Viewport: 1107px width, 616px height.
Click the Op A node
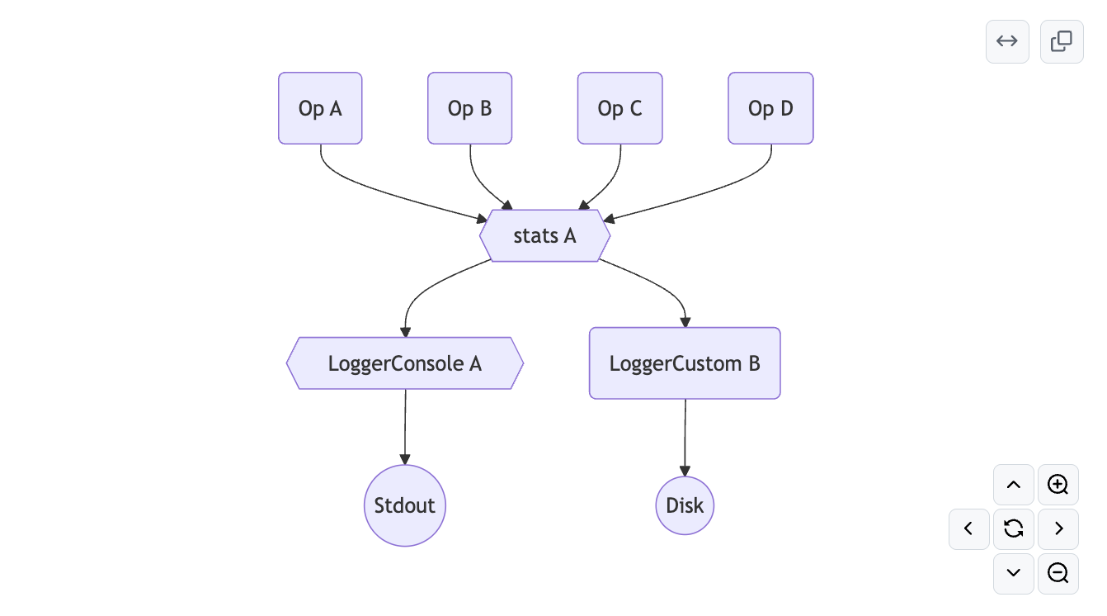click(320, 108)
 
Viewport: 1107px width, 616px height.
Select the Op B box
click(469, 108)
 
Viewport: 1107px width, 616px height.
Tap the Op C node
click(619, 108)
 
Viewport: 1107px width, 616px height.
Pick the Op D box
click(770, 108)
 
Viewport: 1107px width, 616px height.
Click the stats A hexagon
click(544, 235)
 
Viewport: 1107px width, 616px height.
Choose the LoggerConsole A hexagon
click(404, 363)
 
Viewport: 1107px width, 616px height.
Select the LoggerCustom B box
click(685, 363)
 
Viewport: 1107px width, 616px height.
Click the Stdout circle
click(404, 505)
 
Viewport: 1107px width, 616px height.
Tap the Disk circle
click(685, 505)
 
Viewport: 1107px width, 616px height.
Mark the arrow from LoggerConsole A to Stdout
click(405, 426)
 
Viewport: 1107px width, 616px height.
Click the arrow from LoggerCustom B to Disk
click(685, 438)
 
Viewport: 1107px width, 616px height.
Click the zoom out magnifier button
click(1058, 573)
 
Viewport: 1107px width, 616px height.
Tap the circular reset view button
click(1014, 528)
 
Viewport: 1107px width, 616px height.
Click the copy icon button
click(1062, 41)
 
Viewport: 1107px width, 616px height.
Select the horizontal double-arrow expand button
click(1007, 41)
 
